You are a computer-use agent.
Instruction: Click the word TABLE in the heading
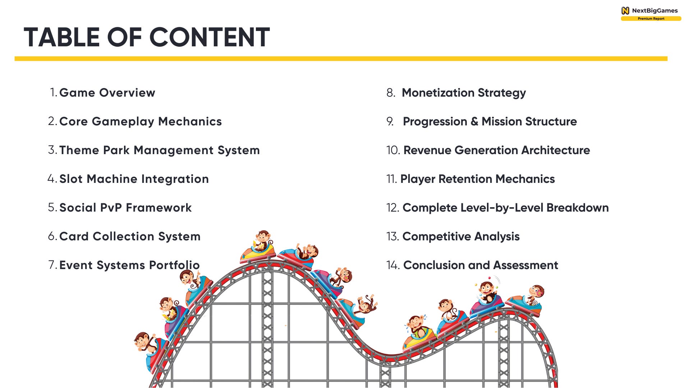[61, 37]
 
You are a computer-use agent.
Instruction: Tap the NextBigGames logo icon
[625, 11]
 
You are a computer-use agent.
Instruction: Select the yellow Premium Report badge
[651, 19]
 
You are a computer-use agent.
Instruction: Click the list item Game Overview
[107, 93]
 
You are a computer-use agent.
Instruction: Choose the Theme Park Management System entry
[159, 150]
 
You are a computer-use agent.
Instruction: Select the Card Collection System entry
[130, 236]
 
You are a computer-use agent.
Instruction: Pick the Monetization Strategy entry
[464, 93]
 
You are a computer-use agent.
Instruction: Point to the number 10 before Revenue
[393, 150]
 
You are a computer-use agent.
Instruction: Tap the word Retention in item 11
[465, 179]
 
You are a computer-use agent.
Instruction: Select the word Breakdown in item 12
[578, 208]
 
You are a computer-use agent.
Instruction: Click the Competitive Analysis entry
[461, 236]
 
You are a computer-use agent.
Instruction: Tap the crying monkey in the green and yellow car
[416, 325]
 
